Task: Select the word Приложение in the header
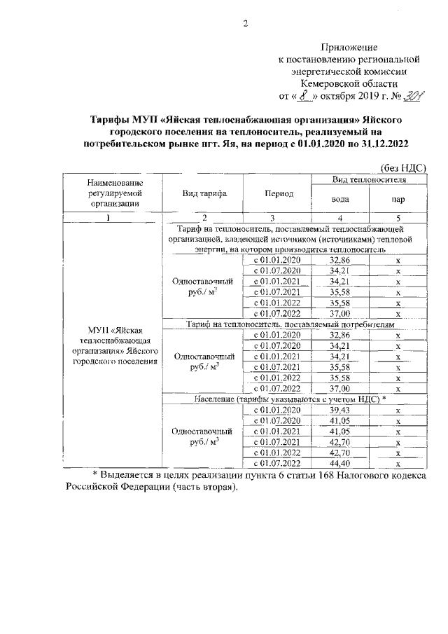[348, 48]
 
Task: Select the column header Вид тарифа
[203, 193]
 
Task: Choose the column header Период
[279, 193]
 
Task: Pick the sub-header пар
[397, 199]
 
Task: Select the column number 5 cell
[397, 217]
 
